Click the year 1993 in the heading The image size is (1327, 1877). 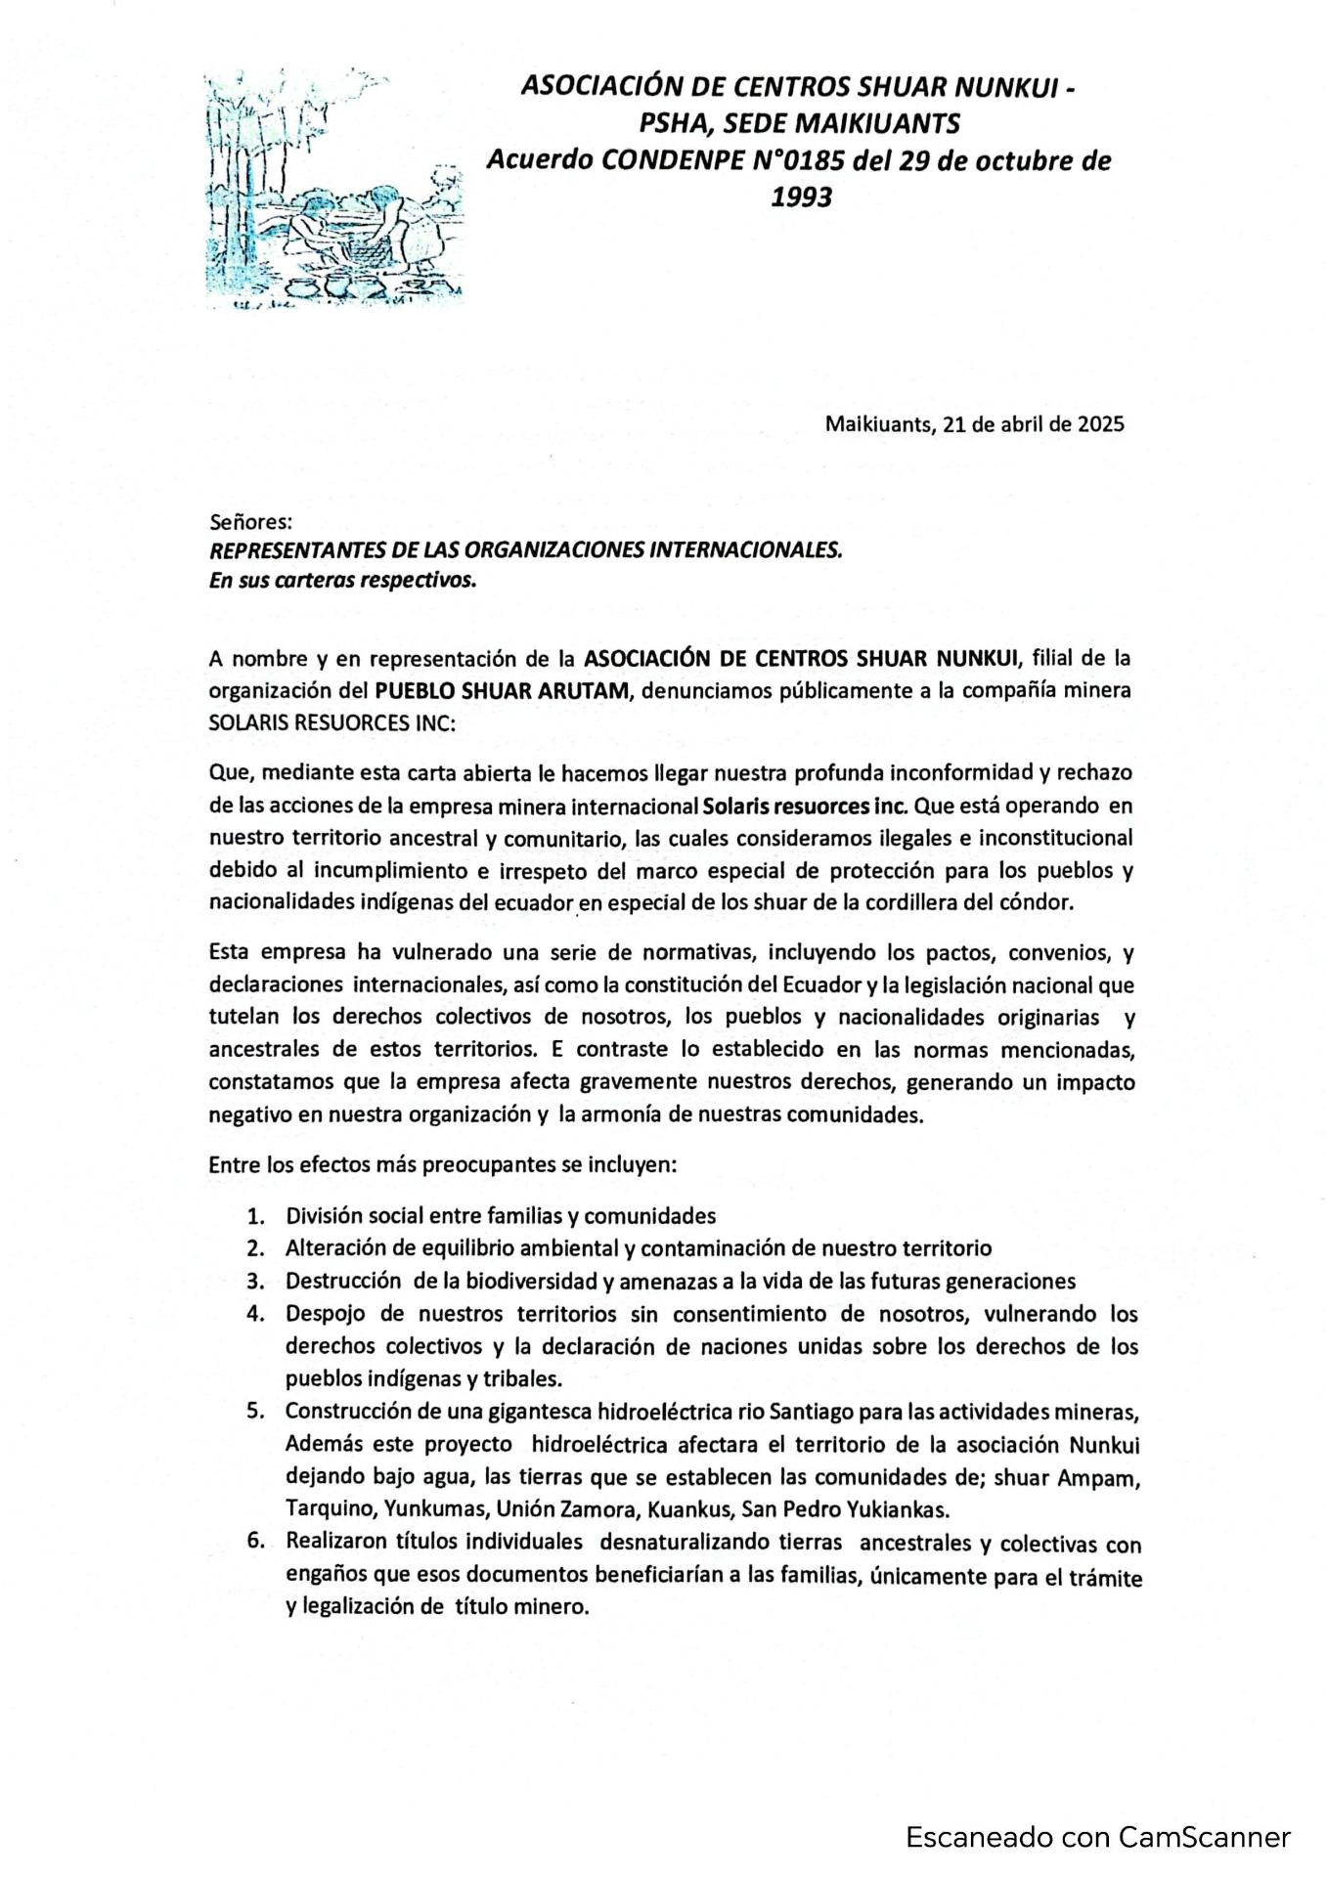(x=801, y=197)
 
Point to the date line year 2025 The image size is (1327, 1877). (x=1101, y=424)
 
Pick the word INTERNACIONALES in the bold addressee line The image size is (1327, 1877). (x=748, y=550)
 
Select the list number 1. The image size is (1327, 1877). (x=256, y=1217)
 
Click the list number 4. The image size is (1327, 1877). (x=256, y=1314)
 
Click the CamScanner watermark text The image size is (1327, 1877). (x=1097, y=1837)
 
